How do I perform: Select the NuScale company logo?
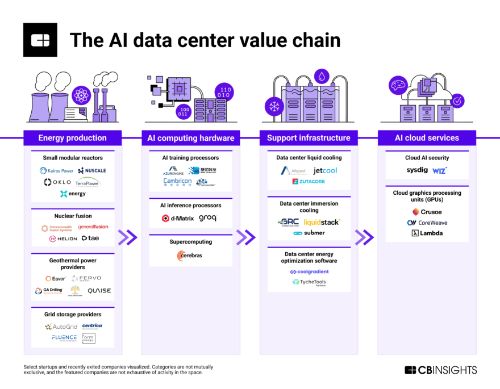pos(92,170)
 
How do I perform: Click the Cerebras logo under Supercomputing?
pos(190,256)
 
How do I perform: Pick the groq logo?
pos(207,218)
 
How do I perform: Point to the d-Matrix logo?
pos(178,218)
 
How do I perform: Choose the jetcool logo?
pos(325,170)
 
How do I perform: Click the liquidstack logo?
pos(322,222)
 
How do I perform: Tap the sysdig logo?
pos(416,170)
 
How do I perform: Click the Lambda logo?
pos(427,233)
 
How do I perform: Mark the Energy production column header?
pos(72,138)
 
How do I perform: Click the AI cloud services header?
pos(427,138)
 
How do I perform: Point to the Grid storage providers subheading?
pos(73,314)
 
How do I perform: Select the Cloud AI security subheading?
pos(427,158)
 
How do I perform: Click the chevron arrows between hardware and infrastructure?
pos(245,237)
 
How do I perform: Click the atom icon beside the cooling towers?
pos(81,95)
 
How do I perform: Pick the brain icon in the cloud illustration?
pos(397,86)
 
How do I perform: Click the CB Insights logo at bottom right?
pos(441,370)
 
